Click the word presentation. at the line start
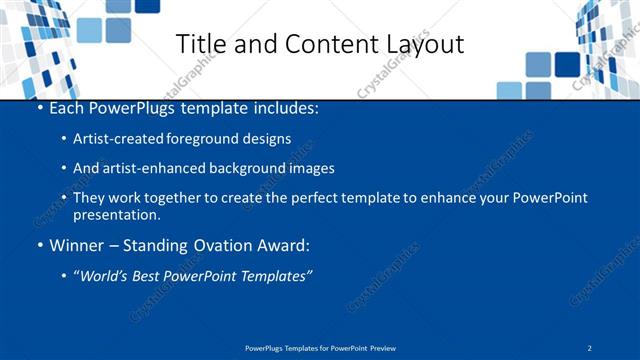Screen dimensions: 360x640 click(115, 214)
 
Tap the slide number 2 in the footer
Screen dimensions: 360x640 click(590, 348)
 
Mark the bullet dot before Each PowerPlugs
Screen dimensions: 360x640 click(39, 106)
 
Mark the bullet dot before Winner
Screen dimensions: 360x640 click(39, 245)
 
